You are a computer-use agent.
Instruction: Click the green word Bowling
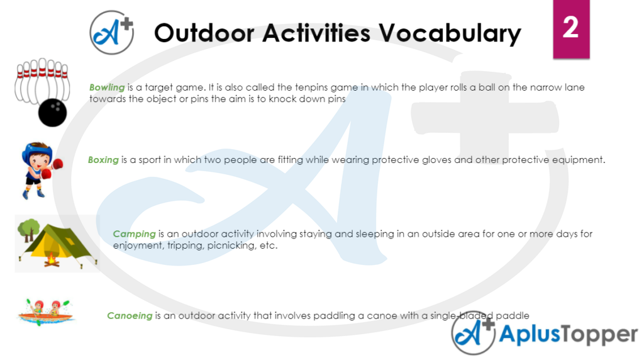pyautogui.click(x=107, y=87)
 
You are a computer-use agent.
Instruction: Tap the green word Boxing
pyautogui.click(x=103, y=160)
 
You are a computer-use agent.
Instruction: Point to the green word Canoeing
pyautogui.click(x=130, y=316)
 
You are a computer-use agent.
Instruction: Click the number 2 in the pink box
pyautogui.click(x=570, y=28)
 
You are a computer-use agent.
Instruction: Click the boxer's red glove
pyautogui.click(x=57, y=164)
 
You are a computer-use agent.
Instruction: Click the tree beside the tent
pyautogui.click(x=26, y=231)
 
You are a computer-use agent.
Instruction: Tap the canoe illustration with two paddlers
pyautogui.click(x=46, y=311)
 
